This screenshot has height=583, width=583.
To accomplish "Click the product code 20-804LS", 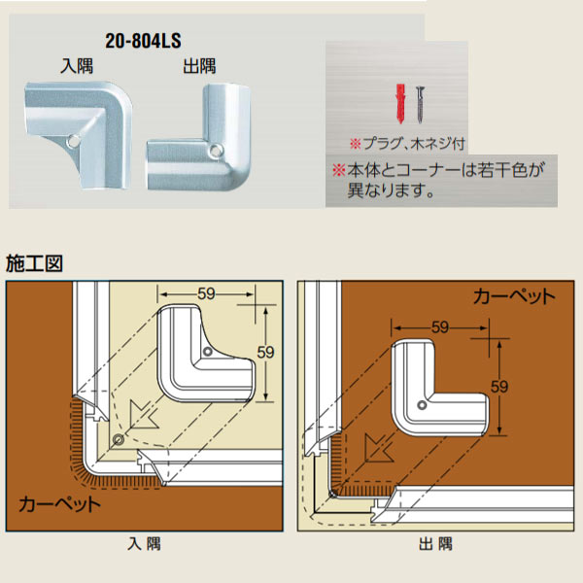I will point(143,42).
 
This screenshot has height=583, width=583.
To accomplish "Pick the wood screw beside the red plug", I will point(420,102).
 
